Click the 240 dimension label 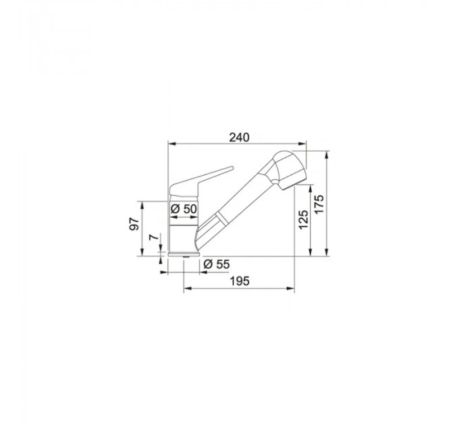coord(239,137)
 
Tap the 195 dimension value coord(240,281)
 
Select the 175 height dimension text coord(320,204)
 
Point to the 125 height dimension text coord(303,220)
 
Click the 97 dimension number coord(134,224)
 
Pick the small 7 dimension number coord(153,237)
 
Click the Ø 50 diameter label coord(184,209)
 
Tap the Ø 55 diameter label coord(217,264)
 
